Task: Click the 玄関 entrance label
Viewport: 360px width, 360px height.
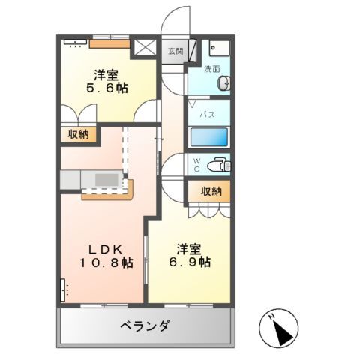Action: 175,51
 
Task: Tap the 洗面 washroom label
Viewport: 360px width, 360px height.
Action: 213,68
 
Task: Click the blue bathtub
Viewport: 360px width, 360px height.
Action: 209,137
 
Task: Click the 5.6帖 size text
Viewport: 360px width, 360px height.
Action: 105,88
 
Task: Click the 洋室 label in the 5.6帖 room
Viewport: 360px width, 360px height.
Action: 105,74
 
